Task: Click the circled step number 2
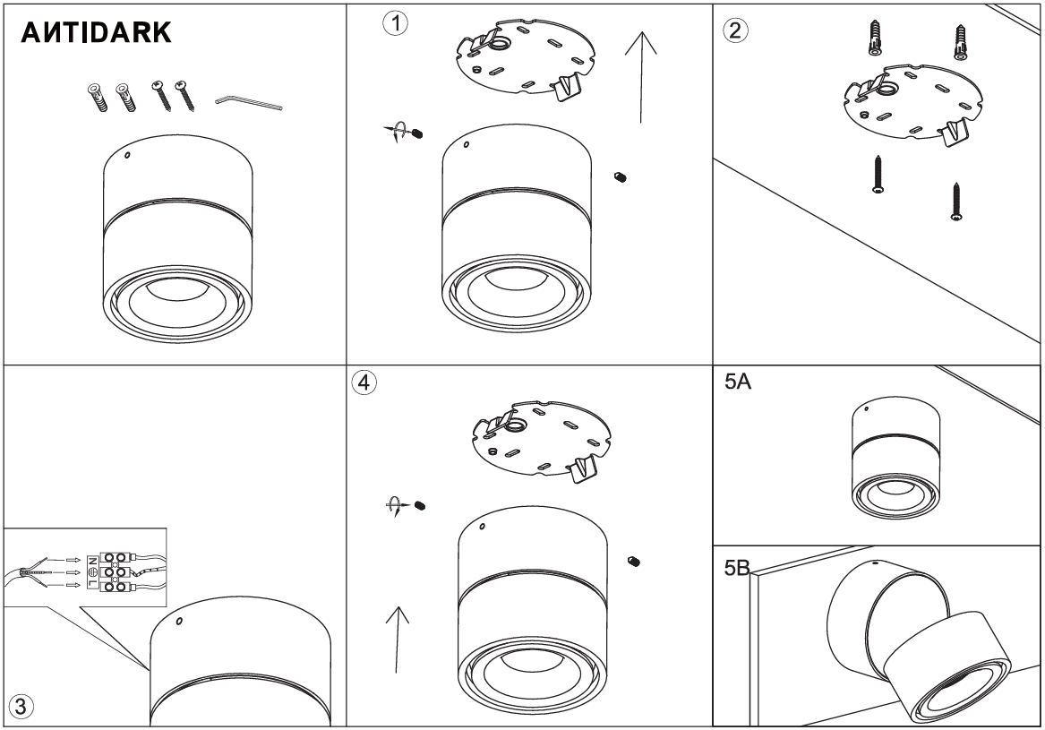(735, 29)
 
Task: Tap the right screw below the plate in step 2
(957, 202)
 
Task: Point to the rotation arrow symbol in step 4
(392, 506)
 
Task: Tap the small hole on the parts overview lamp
(127, 156)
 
